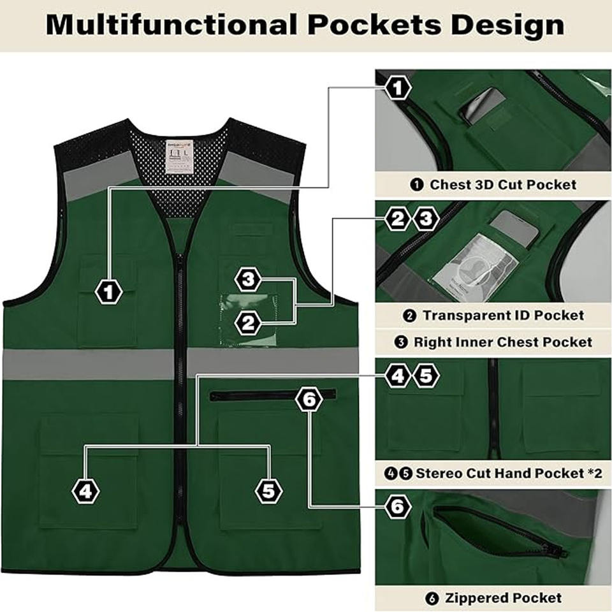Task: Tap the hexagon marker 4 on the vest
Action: [86, 491]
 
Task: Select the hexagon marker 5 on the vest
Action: [268, 491]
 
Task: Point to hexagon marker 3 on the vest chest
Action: [249, 279]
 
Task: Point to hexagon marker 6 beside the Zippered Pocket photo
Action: [397, 507]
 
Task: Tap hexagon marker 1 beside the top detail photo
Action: [397, 87]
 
